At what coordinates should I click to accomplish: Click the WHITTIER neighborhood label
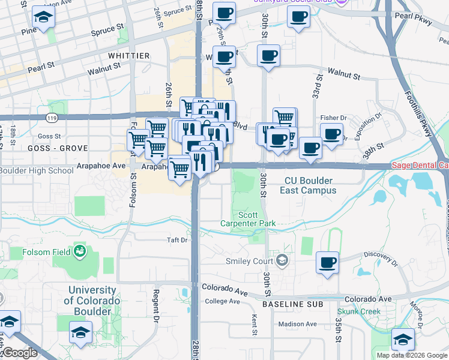point(129,55)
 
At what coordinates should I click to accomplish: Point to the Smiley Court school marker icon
point(283,260)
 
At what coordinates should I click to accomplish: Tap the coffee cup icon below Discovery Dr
point(327,262)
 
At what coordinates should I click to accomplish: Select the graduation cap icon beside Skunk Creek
point(403,339)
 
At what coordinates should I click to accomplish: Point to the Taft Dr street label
point(177,240)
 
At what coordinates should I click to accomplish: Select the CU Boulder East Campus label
point(308,185)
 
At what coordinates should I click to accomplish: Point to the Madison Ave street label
point(297,324)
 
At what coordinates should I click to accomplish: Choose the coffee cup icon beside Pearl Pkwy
point(298,17)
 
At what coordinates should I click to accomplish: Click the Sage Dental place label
point(420,165)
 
